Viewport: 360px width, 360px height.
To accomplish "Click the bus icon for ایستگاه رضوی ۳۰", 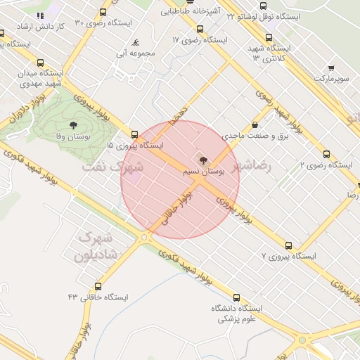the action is coord(103,12).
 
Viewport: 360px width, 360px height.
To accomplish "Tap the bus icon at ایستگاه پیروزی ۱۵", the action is coord(134,134).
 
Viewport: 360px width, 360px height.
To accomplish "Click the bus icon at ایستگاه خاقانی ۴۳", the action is coord(97,286).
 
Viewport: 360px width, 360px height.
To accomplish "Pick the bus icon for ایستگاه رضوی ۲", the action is coord(326,154).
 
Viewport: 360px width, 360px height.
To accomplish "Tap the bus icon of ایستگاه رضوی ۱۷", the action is coord(200,30).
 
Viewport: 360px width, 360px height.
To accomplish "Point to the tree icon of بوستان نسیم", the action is coord(203,161).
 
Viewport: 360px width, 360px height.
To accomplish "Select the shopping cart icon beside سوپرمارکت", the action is coord(330,68).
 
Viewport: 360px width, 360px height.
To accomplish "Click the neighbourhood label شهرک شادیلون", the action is coord(97,247).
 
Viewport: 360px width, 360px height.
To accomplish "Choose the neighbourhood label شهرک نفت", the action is coord(113,167).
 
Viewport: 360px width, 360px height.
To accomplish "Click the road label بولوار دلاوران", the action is coord(21,116).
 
